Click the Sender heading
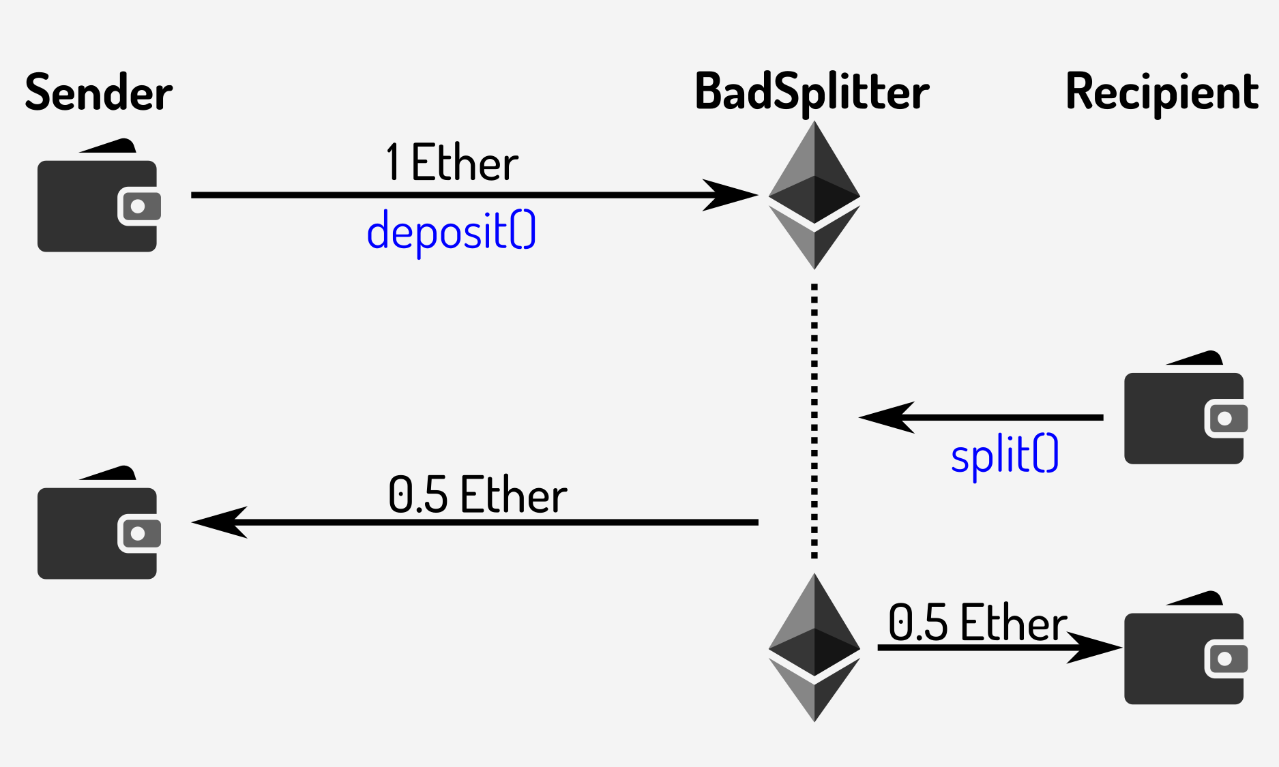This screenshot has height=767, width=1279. [99, 93]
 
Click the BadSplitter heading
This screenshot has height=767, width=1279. [812, 93]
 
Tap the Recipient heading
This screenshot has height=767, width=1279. [1162, 93]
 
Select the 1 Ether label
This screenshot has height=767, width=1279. [452, 164]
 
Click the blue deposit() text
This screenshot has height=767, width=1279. [452, 232]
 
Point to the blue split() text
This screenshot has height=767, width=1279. [1005, 455]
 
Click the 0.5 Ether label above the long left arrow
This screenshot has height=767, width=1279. [477, 495]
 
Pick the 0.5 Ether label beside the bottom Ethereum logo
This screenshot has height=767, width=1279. [977, 623]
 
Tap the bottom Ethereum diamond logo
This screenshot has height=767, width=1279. [814, 648]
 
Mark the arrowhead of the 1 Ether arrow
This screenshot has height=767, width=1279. [733, 195]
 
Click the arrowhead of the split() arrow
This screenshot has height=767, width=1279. [885, 417]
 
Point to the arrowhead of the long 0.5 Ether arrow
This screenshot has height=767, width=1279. [218, 522]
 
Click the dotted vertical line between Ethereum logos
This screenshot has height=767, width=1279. [814, 419]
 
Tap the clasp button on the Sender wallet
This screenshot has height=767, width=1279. [138, 207]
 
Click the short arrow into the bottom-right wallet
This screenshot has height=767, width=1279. [996, 648]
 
